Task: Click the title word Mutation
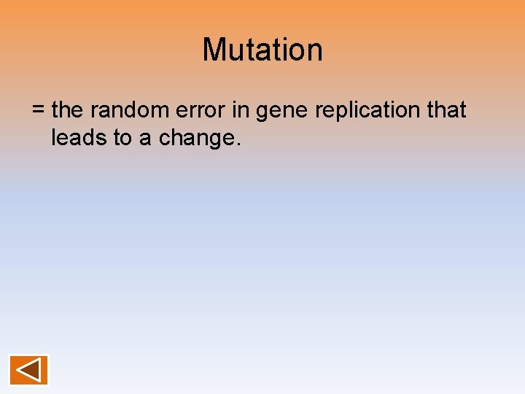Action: click(262, 50)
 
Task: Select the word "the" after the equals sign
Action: click(68, 110)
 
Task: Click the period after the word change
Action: click(236, 144)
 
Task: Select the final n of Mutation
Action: click(314, 52)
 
